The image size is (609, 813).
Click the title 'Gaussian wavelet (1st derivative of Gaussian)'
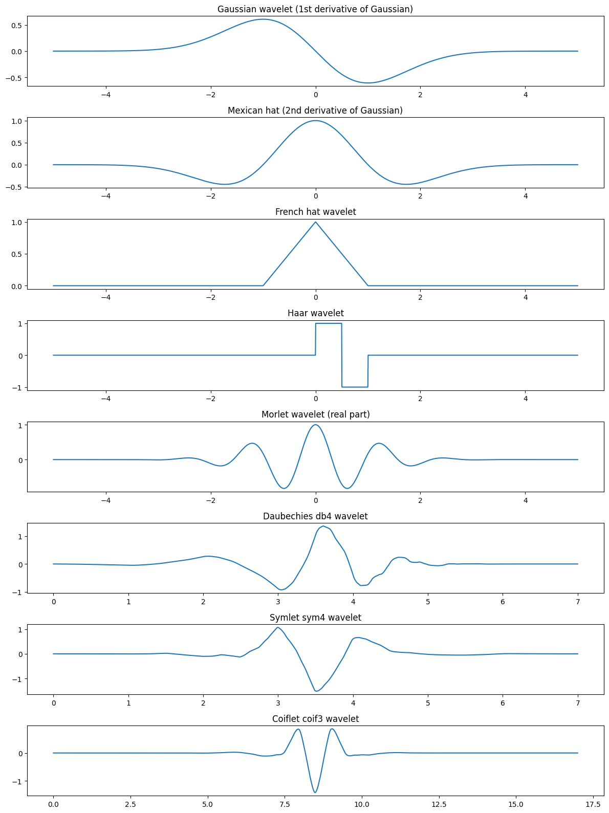click(x=315, y=9)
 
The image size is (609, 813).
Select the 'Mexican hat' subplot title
click(x=315, y=111)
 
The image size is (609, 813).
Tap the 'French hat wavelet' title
click(x=315, y=212)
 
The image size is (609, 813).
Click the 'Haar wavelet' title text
click(x=315, y=313)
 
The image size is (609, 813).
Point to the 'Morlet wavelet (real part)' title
click(x=315, y=414)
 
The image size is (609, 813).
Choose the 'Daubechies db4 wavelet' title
click(x=315, y=516)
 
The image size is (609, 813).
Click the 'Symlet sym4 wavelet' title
click(x=315, y=618)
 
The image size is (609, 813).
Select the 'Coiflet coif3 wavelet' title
click(x=315, y=719)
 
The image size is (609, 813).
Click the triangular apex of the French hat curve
click(x=315, y=222)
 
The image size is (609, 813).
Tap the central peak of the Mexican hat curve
click(x=315, y=121)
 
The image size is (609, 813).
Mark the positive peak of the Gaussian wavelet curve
click(x=263, y=19)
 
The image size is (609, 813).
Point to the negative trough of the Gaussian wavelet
click(x=368, y=83)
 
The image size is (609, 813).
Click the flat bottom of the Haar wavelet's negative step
click(x=355, y=387)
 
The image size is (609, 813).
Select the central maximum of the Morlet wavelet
click(x=315, y=425)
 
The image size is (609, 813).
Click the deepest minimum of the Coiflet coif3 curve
click(x=315, y=793)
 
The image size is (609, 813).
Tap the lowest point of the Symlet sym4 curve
click(x=316, y=691)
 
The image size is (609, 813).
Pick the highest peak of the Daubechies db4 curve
click(x=323, y=526)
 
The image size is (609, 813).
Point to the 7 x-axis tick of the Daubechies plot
click(x=578, y=602)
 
